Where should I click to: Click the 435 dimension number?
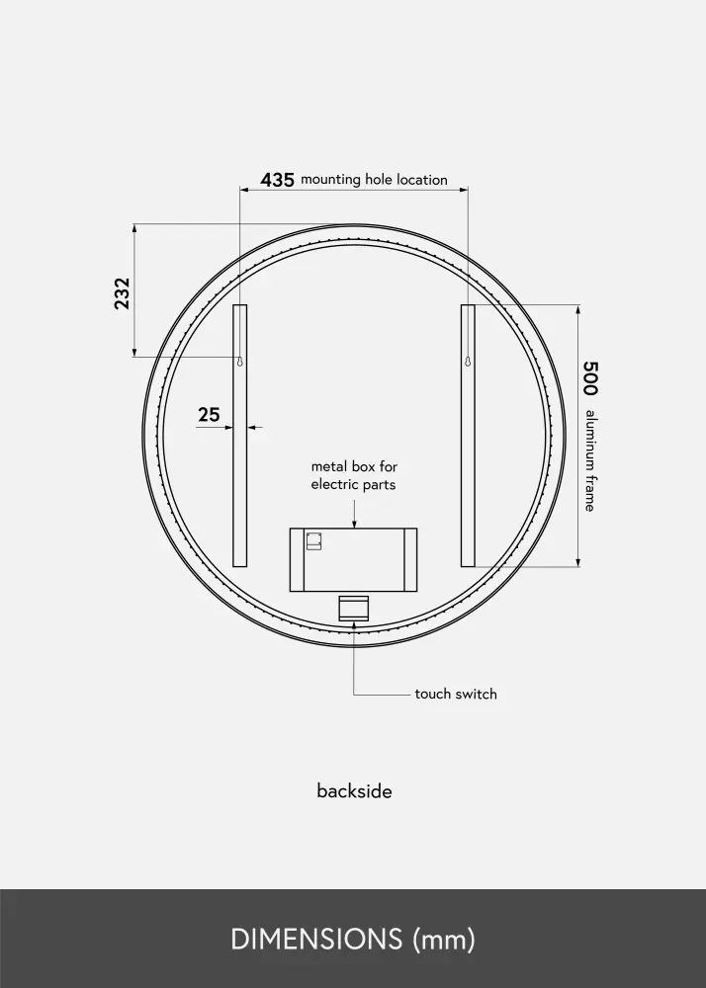(277, 180)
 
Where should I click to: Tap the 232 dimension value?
(122, 293)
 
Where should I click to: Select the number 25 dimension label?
(210, 415)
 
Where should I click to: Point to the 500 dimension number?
(589, 378)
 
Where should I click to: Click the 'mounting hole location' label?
(374, 180)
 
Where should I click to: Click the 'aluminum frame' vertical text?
(590, 460)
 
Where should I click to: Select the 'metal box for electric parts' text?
(354, 476)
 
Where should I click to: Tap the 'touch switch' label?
(456, 694)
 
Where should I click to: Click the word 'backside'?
(354, 790)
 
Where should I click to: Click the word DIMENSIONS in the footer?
(316, 939)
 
